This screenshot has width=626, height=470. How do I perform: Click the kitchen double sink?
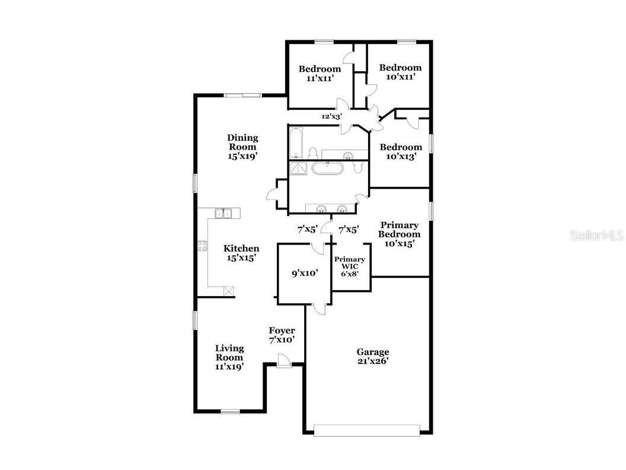pos(223,212)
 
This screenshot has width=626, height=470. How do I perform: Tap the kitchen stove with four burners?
pos(202,246)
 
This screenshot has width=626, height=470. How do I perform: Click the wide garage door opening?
pos(366,430)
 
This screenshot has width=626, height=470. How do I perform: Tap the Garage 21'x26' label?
pos(373,356)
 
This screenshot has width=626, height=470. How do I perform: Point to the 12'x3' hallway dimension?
pos(331,117)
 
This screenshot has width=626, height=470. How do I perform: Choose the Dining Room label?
pos(242,147)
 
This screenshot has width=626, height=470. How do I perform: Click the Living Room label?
pos(229,357)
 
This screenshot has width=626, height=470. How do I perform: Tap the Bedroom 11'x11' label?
pos(320,73)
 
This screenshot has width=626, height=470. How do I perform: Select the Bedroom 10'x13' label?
pos(401,152)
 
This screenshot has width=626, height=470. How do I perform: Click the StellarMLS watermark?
pos(597,236)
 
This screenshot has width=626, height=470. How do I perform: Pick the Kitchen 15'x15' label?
pos(241,253)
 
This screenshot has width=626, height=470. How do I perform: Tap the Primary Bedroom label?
pos(400,234)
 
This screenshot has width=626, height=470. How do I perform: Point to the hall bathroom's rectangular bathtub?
pos(296,144)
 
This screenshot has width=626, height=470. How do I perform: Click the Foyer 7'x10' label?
pos(282,335)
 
